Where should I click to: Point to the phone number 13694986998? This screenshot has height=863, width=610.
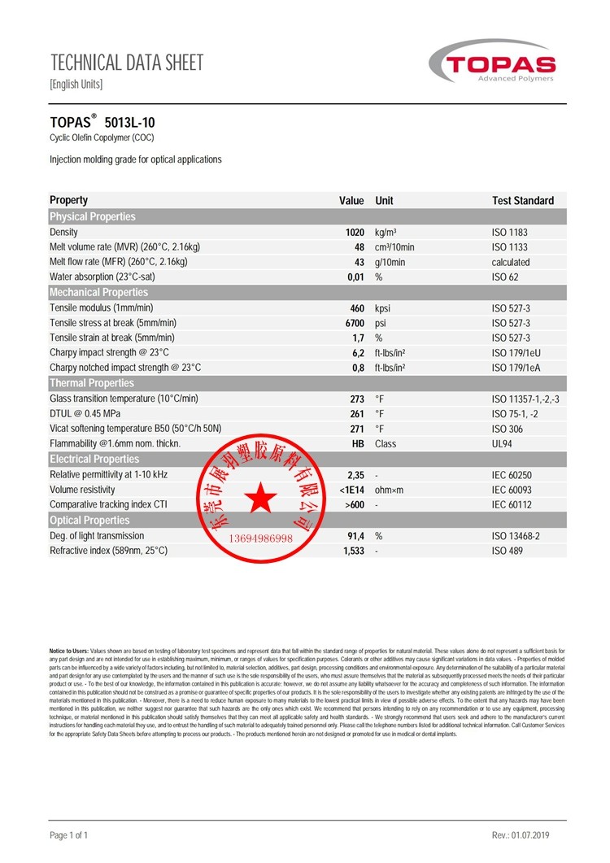coord(260,538)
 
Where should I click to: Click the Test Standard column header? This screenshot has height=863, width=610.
coord(523,201)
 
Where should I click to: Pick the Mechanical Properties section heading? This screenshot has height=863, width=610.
coord(99,293)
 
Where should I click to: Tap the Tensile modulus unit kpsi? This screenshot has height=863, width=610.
coord(383,308)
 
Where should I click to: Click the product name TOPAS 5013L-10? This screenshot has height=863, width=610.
coord(102,122)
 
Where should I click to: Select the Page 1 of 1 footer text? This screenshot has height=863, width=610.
coord(69,835)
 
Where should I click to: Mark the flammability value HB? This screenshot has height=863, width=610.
coord(357,444)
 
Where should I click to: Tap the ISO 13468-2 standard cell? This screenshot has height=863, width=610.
coord(516,536)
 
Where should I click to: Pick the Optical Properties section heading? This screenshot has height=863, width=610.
coord(89,521)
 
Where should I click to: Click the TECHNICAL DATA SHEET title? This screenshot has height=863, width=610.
coord(127,63)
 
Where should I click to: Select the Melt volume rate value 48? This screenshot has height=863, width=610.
coord(359,247)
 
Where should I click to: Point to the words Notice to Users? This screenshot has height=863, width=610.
coord(69,652)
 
